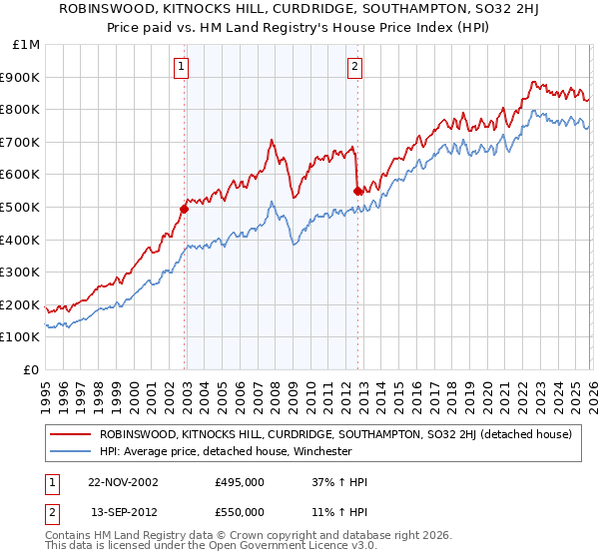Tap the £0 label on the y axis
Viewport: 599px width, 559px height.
click(x=32, y=369)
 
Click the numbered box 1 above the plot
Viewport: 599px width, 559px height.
click(x=182, y=68)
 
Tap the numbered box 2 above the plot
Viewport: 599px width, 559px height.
click(x=355, y=68)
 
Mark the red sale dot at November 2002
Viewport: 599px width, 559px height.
click(x=184, y=209)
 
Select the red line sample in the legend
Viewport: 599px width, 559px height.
click(x=71, y=434)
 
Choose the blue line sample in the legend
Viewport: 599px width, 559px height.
click(x=71, y=451)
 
